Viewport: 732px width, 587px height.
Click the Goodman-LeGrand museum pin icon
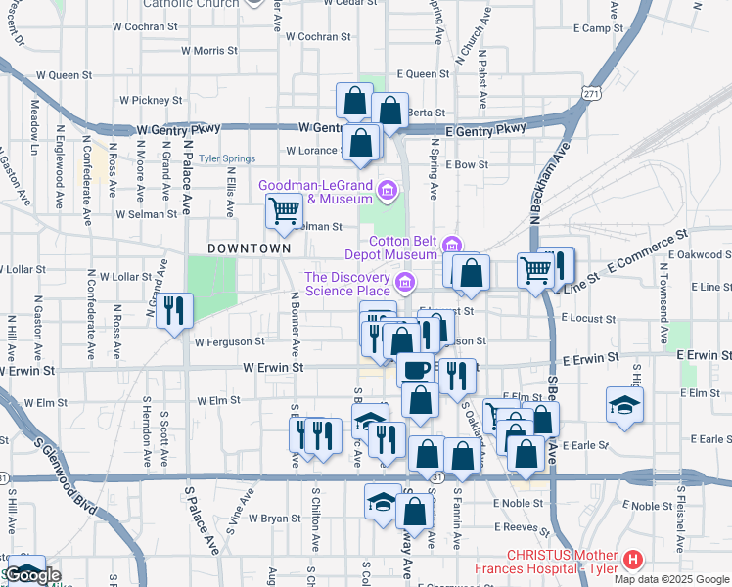point(388,189)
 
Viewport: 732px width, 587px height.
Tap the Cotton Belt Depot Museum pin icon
point(451,245)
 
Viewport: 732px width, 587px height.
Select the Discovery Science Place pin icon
point(405,284)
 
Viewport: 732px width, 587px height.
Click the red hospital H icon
point(633,561)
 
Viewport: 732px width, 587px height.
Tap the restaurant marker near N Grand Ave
point(174,310)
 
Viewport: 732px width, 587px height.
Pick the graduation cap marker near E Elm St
point(623,405)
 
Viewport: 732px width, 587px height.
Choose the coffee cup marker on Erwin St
point(414,370)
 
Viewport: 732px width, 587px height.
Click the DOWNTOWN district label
point(250,248)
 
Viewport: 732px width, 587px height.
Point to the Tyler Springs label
point(227,158)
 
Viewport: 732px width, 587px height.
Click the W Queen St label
point(64,74)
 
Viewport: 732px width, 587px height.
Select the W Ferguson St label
point(229,342)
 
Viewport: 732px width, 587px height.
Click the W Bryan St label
point(273,518)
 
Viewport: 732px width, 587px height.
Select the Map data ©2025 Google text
point(671,579)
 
